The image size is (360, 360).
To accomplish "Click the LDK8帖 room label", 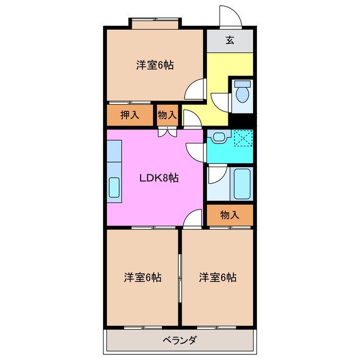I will click(159, 178).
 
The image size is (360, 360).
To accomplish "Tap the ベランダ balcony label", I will click(179, 340).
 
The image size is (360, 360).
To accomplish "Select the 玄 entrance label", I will click(230, 40).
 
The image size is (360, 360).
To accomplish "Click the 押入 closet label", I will click(130, 115).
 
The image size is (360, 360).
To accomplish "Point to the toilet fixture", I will click(242, 92).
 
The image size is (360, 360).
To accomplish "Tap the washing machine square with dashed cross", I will click(243, 137).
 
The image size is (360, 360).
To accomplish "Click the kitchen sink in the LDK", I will click(114, 187).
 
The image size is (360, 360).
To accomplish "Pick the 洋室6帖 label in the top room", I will click(154, 65).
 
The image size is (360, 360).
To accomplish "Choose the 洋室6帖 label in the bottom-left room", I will click(143, 277).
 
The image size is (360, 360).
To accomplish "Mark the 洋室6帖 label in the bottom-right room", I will click(217, 277).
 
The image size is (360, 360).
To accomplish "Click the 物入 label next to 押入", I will click(167, 115).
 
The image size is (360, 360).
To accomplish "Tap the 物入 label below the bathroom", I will click(229, 214).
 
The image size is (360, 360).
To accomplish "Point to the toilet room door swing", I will click(222, 101).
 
